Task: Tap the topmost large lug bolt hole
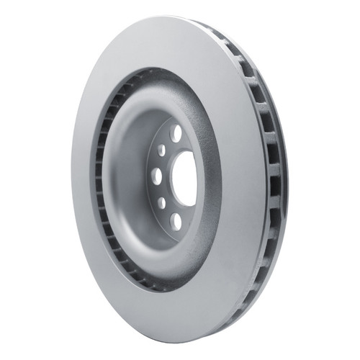176,132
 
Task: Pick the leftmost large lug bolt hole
156,176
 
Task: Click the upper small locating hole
161,149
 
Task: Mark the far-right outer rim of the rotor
285,176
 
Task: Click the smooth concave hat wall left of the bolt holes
130,173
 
